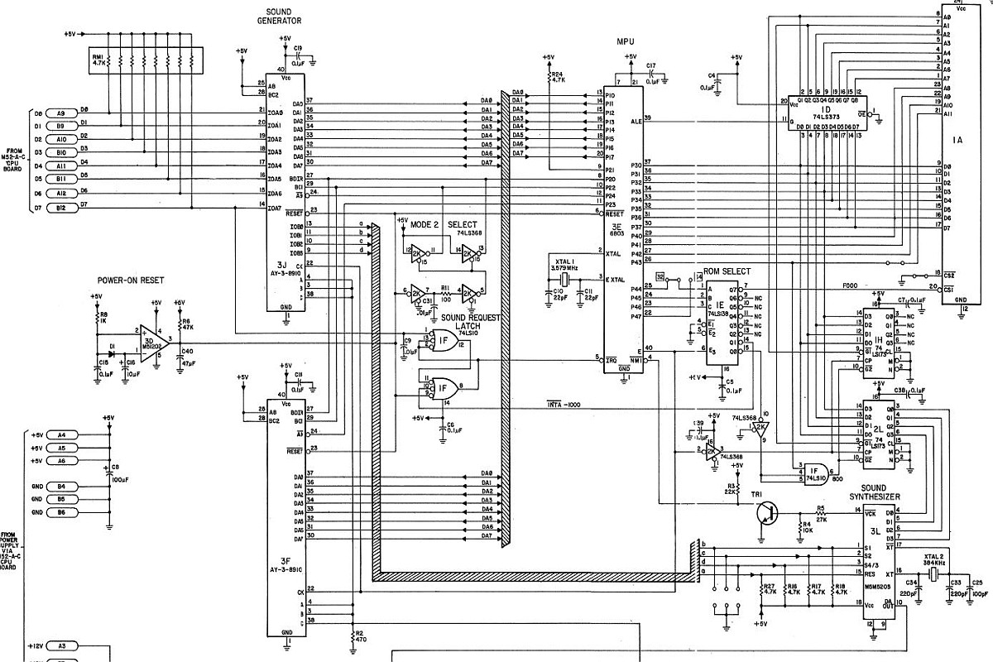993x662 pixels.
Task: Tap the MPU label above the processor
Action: click(x=626, y=40)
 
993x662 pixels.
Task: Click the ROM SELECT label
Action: click(x=727, y=271)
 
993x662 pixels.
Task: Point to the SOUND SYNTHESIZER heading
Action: click(x=886, y=492)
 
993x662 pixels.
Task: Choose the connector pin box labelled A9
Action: click(x=61, y=113)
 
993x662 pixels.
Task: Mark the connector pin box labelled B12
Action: click(x=61, y=206)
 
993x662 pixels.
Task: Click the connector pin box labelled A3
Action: click(x=61, y=645)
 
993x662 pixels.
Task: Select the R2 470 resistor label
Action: click(x=360, y=636)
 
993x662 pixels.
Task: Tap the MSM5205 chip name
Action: click(x=878, y=590)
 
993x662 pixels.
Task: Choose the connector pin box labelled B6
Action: click(x=61, y=513)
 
